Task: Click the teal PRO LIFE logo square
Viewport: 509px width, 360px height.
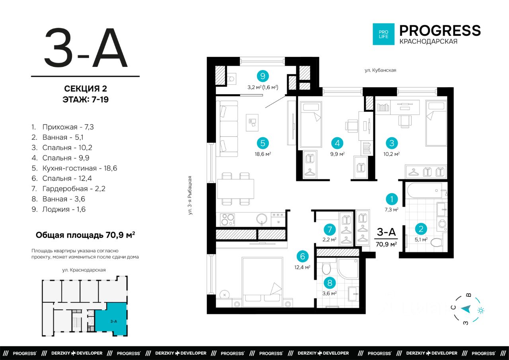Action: click(384, 34)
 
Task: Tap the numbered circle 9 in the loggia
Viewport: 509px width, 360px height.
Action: click(263, 76)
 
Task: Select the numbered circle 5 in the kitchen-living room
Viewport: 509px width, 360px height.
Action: click(263, 143)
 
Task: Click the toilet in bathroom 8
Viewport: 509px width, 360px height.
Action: click(326, 269)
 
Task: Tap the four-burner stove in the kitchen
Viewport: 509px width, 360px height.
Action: click(227, 220)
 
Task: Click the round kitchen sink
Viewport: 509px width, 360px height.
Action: click(262, 219)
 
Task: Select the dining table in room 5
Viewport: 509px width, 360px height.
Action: click(236, 189)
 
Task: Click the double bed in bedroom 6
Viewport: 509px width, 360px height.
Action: click(262, 282)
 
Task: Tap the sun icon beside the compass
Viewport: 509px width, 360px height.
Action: click(481, 310)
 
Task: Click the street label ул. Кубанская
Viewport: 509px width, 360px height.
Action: click(381, 70)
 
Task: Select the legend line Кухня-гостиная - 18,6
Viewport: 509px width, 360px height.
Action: click(74, 168)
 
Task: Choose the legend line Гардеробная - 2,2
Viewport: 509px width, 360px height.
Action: click(68, 189)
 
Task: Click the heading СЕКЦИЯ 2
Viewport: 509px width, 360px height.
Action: click(85, 89)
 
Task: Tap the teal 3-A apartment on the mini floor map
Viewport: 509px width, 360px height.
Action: click(111, 319)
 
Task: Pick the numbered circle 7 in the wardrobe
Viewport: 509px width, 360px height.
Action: click(330, 230)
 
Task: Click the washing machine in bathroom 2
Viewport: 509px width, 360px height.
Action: click(442, 224)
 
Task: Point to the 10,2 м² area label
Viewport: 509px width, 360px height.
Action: click(392, 154)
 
